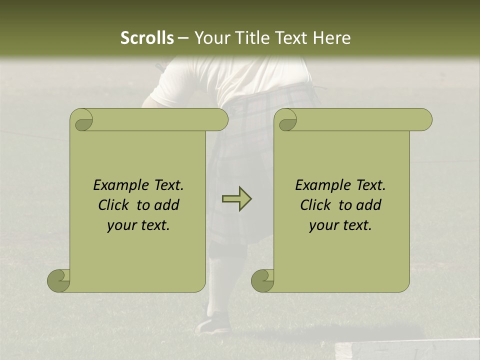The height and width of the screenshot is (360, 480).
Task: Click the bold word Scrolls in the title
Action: (x=147, y=38)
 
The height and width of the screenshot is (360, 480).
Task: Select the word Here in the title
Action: (x=332, y=38)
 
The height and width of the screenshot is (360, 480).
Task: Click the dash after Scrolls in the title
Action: (x=183, y=38)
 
